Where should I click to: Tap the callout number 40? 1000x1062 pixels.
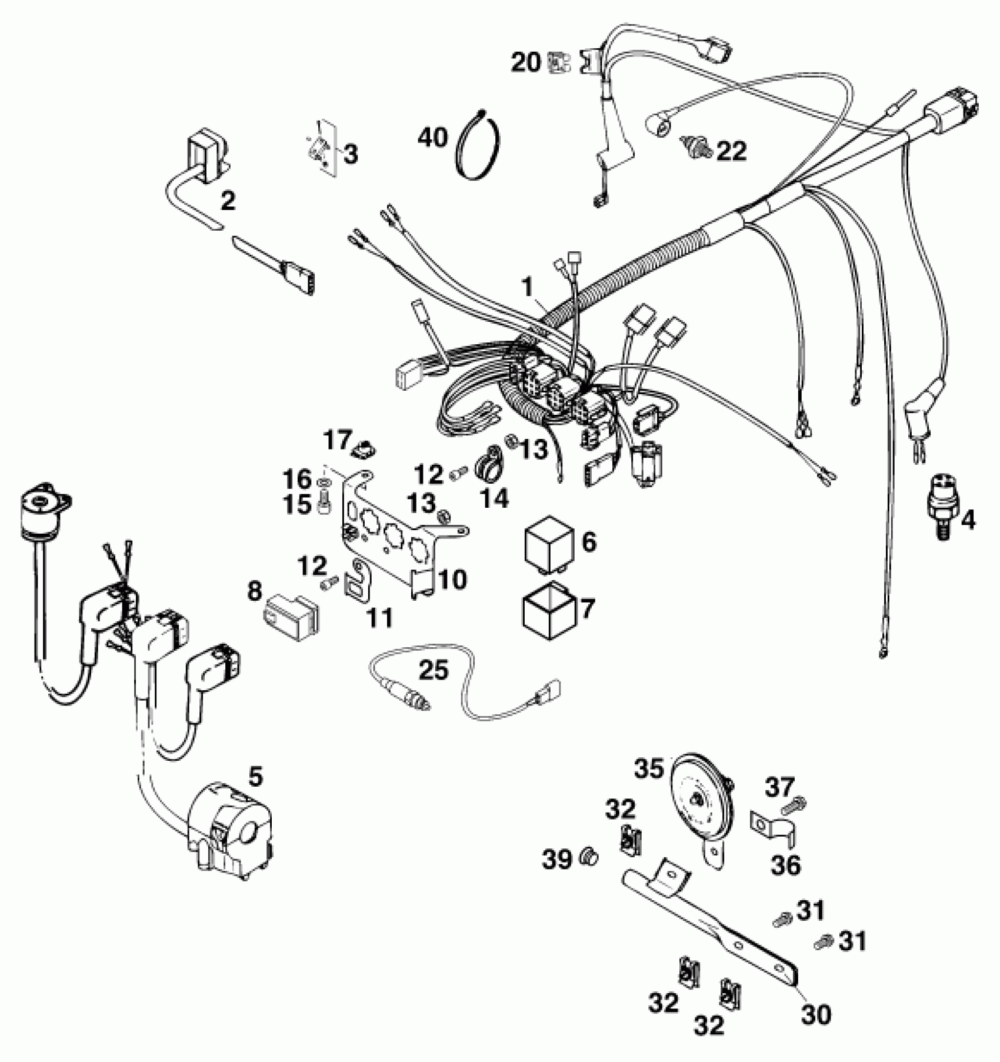click(433, 138)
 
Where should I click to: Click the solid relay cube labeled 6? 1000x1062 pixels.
click(546, 543)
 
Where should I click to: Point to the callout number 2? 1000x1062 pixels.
click(227, 201)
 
